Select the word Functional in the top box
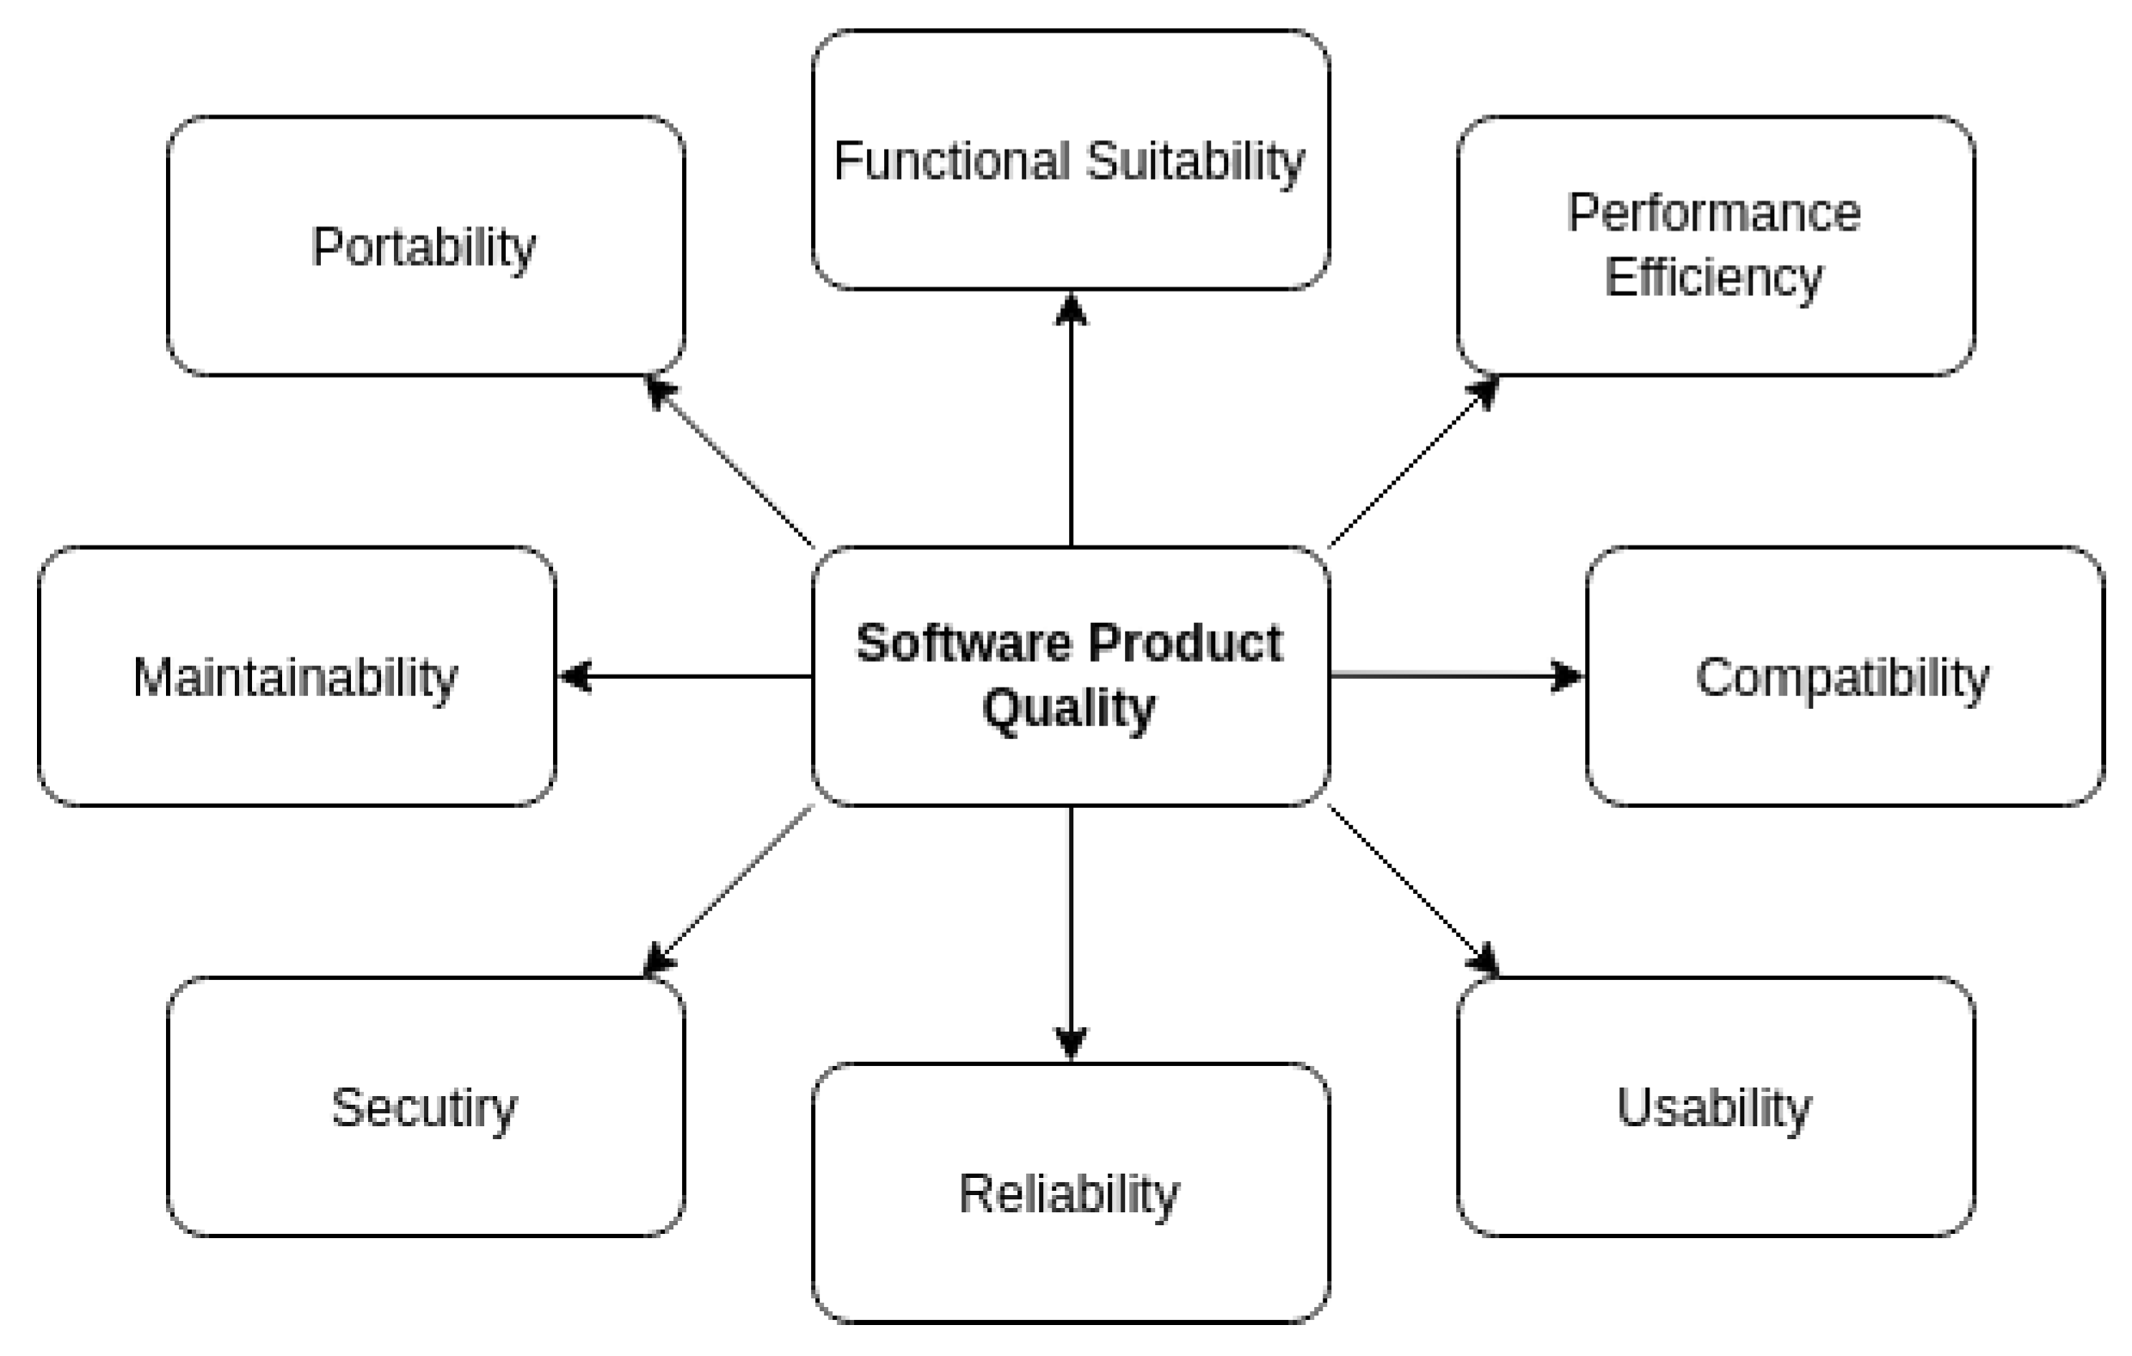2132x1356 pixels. pyautogui.click(x=951, y=161)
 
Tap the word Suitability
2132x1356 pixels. pyautogui.click(x=1195, y=162)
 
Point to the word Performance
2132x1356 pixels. pyautogui.click(x=1714, y=213)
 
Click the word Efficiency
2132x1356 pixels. pyautogui.click(x=1714, y=278)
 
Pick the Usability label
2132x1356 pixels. pyautogui.click(x=1714, y=1107)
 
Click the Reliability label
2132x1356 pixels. pyautogui.click(x=1069, y=1194)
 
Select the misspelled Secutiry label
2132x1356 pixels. pyautogui.click(x=424, y=1108)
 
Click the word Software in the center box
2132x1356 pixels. pyautogui.click(x=965, y=642)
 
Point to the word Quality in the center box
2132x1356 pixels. pyautogui.click(x=1069, y=709)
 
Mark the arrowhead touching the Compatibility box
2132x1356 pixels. pyautogui.click(x=1568, y=676)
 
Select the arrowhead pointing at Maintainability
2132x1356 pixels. pyautogui.click(x=574, y=676)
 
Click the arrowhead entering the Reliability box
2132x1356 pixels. pyautogui.click(x=1072, y=1044)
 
